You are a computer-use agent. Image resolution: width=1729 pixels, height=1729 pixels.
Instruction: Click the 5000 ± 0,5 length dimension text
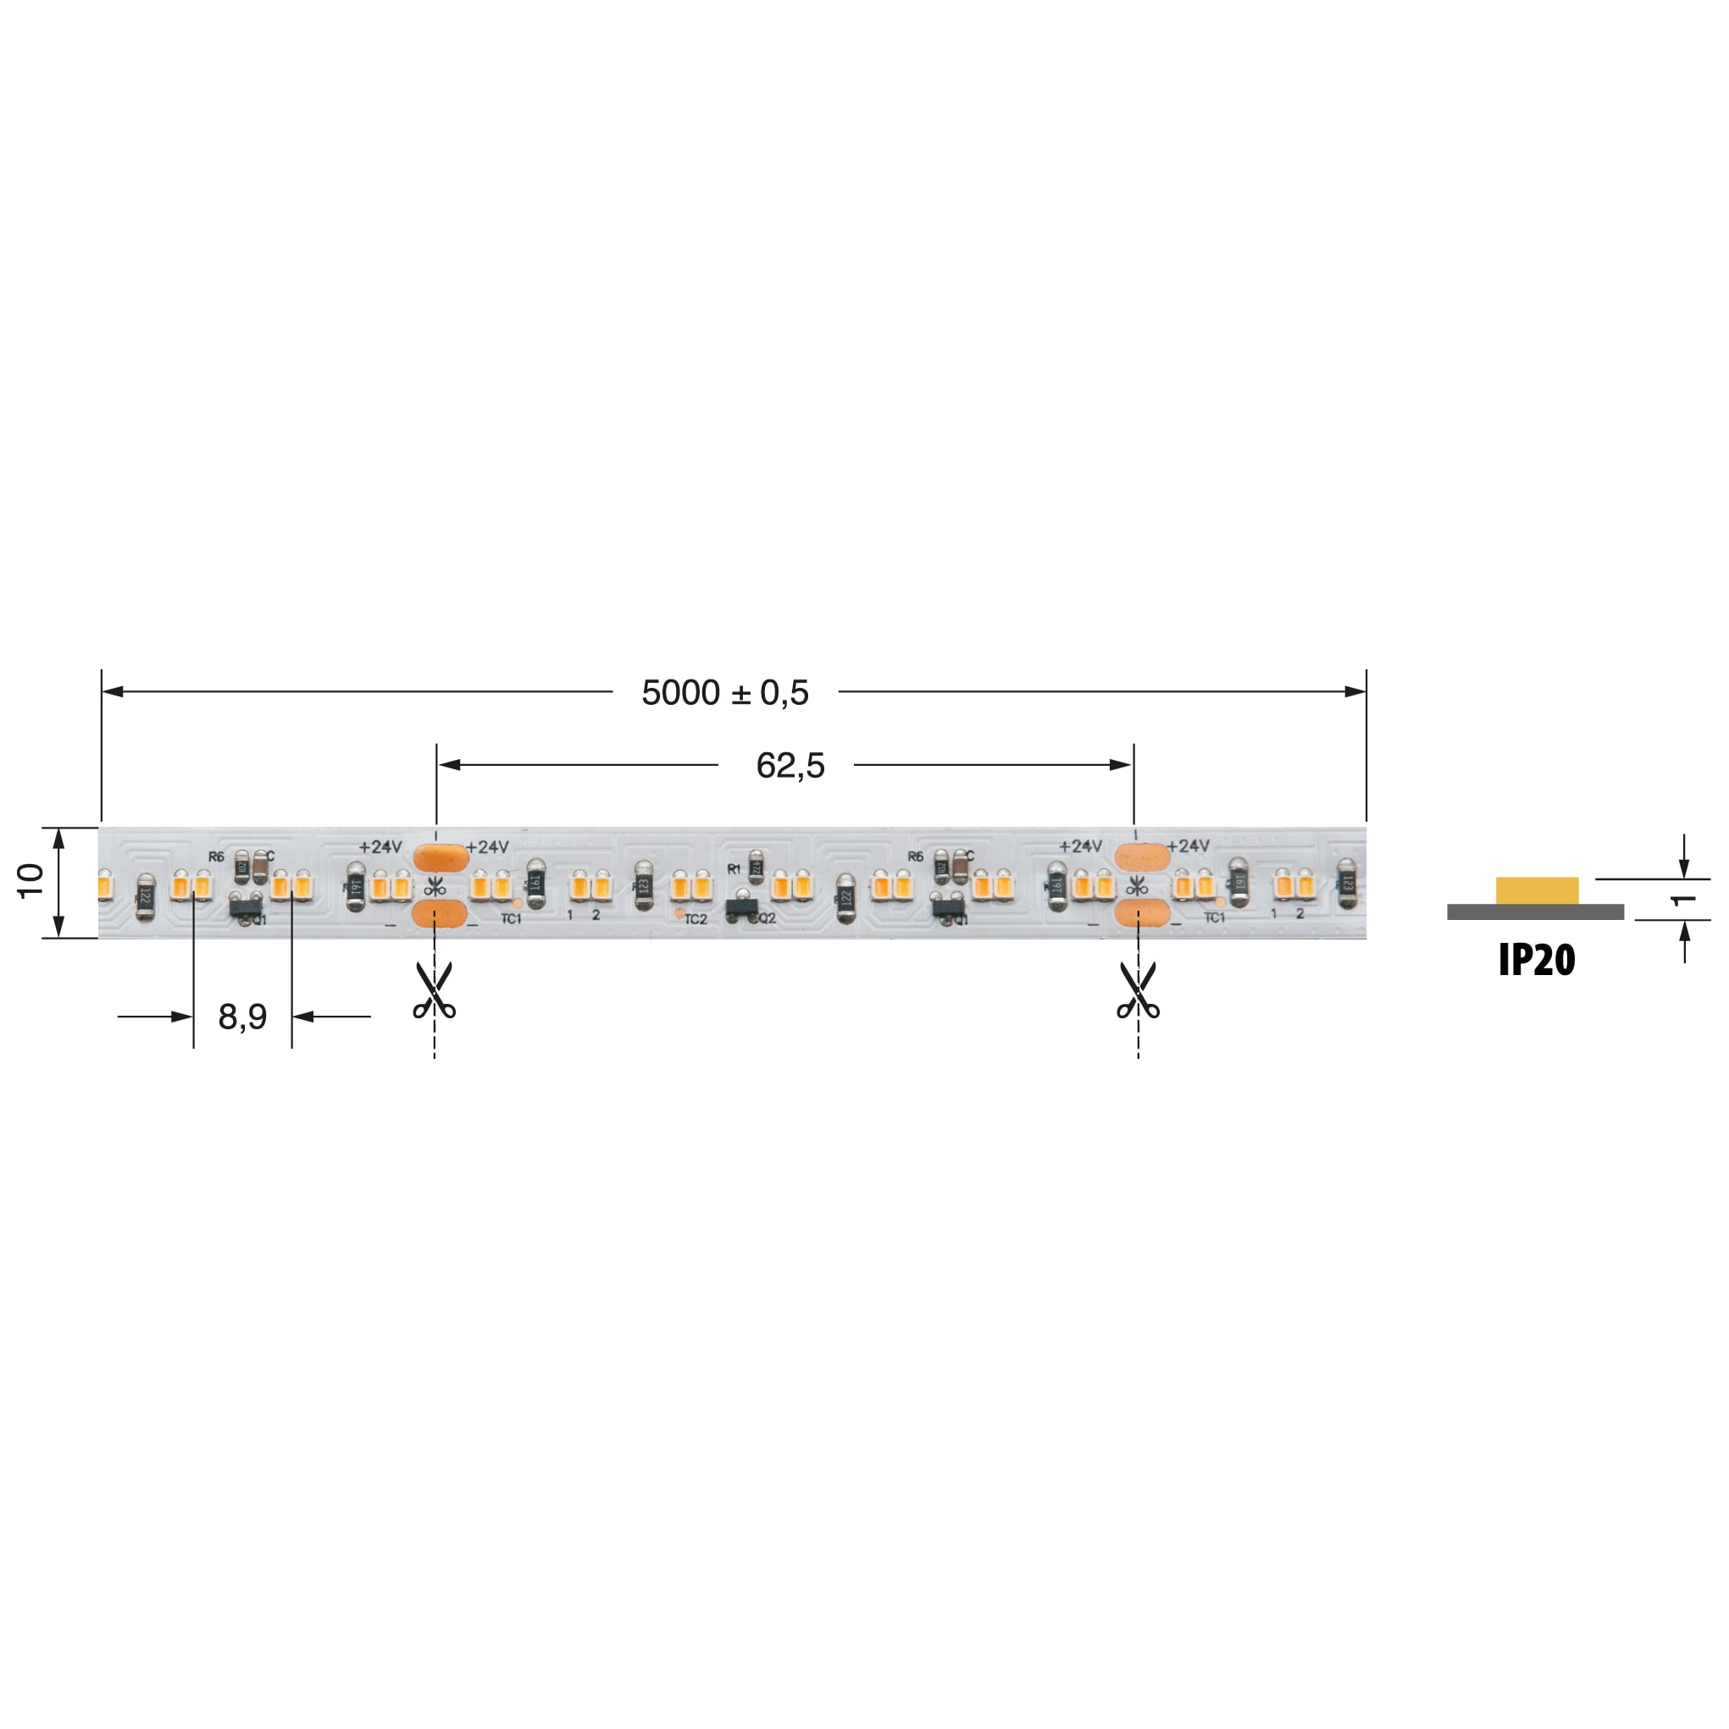[x=725, y=693]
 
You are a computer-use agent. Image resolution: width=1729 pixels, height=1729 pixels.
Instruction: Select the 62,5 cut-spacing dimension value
[x=790, y=766]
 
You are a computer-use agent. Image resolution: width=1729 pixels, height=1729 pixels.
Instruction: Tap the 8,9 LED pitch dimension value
[x=242, y=1017]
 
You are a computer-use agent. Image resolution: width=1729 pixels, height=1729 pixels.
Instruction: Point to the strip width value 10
[x=30, y=882]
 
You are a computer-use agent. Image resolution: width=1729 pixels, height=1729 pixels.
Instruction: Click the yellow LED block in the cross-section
[x=1537, y=890]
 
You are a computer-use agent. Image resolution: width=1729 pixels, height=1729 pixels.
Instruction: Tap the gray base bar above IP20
[x=1535, y=912]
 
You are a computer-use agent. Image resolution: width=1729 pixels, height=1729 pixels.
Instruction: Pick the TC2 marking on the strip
[x=695, y=919]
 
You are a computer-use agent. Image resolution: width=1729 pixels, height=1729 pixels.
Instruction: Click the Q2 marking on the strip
[x=766, y=918]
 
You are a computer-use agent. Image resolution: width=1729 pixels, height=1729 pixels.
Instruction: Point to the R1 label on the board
[x=734, y=869]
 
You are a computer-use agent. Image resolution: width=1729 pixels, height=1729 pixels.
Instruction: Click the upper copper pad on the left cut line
[x=441, y=857]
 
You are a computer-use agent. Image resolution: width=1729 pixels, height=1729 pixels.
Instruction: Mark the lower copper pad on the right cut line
[x=1142, y=915]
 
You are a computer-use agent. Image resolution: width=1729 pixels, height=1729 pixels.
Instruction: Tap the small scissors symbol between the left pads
[x=435, y=887]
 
